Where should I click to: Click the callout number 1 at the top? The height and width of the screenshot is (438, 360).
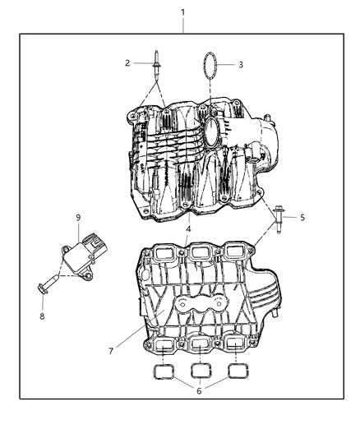[182, 13]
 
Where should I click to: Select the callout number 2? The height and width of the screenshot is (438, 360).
[127, 63]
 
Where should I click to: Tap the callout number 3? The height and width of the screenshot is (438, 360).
[240, 64]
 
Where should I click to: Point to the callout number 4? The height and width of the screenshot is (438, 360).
[187, 229]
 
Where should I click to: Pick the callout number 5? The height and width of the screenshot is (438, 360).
[302, 218]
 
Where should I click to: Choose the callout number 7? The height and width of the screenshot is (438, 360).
[111, 351]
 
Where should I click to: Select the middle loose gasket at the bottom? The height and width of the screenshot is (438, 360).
[201, 371]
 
